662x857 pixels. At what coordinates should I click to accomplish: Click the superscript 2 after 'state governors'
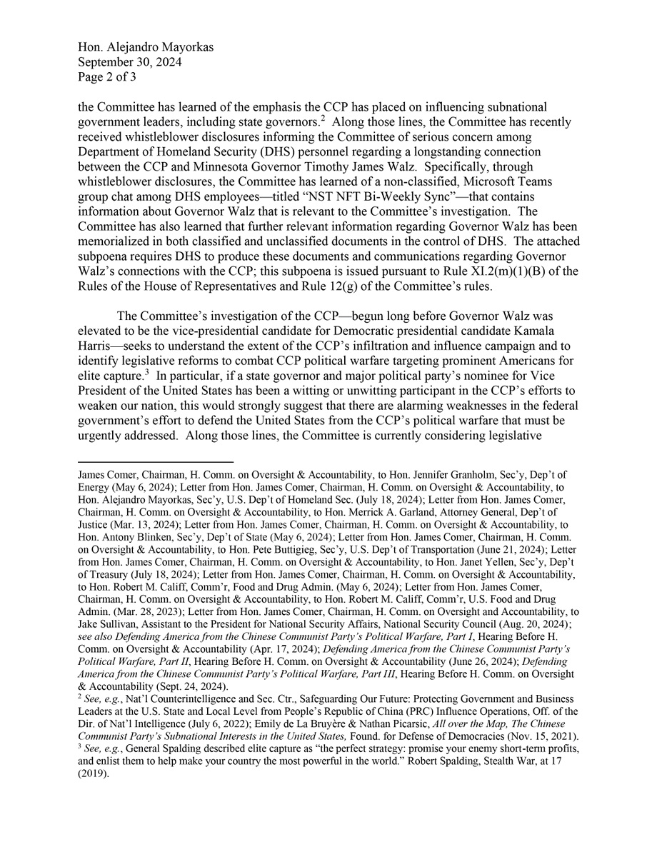coord(323,119)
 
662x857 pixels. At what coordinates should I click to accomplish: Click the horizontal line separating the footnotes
coord(156,462)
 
